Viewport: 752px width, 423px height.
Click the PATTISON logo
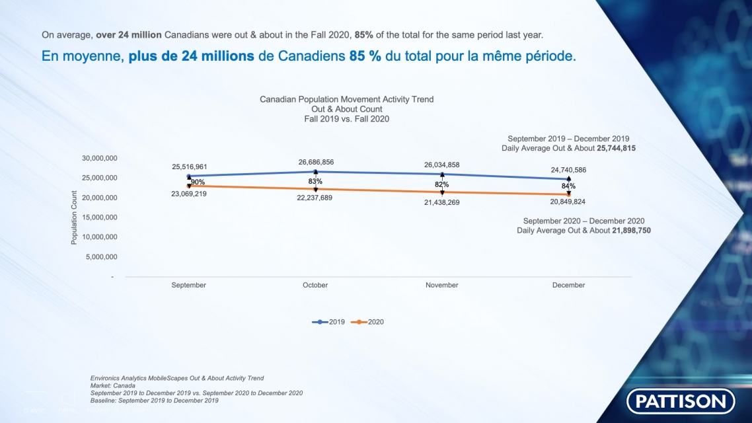(x=680, y=401)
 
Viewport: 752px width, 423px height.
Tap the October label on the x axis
(x=315, y=285)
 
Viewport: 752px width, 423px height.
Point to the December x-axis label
(x=568, y=285)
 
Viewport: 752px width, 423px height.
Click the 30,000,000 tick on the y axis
(x=100, y=158)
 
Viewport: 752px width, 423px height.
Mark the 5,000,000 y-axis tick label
(x=102, y=256)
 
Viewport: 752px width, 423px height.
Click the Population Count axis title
(x=74, y=217)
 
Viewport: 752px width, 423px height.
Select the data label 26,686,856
(x=315, y=162)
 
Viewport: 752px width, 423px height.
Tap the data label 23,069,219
(x=189, y=194)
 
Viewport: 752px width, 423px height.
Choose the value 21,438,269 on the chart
(x=441, y=202)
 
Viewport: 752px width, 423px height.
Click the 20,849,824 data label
(x=568, y=202)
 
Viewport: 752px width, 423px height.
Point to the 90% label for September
(x=198, y=182)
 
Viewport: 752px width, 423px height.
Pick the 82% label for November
(x=441, y=184)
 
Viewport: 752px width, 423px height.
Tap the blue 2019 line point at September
(x=189, y=176)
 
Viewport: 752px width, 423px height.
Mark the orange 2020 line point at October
(x=315, y=189)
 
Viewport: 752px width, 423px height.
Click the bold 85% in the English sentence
(x=364, y=34)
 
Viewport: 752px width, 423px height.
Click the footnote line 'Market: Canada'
(x=113, y=385)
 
